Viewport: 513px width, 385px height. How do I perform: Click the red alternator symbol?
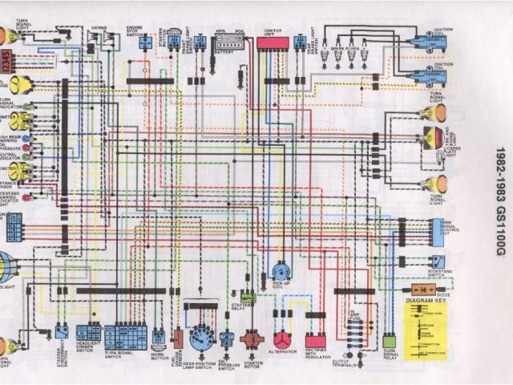[281, 339]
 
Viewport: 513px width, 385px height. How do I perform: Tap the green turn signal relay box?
[390, 340]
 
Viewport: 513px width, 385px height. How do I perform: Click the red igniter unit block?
[273, 43]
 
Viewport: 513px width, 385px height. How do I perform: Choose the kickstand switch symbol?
[437, 261]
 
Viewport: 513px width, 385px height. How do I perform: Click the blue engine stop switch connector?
[145, 43]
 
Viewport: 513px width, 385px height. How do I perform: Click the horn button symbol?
[159, 337]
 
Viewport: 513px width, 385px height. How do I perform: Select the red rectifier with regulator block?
[315, 340]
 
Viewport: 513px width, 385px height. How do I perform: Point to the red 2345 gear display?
[6, 61]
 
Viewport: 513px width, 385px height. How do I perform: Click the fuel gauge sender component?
[178, 338]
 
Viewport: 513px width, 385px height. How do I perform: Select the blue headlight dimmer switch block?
[87, 333]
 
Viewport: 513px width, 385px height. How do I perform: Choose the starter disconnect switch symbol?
[62, 330]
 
